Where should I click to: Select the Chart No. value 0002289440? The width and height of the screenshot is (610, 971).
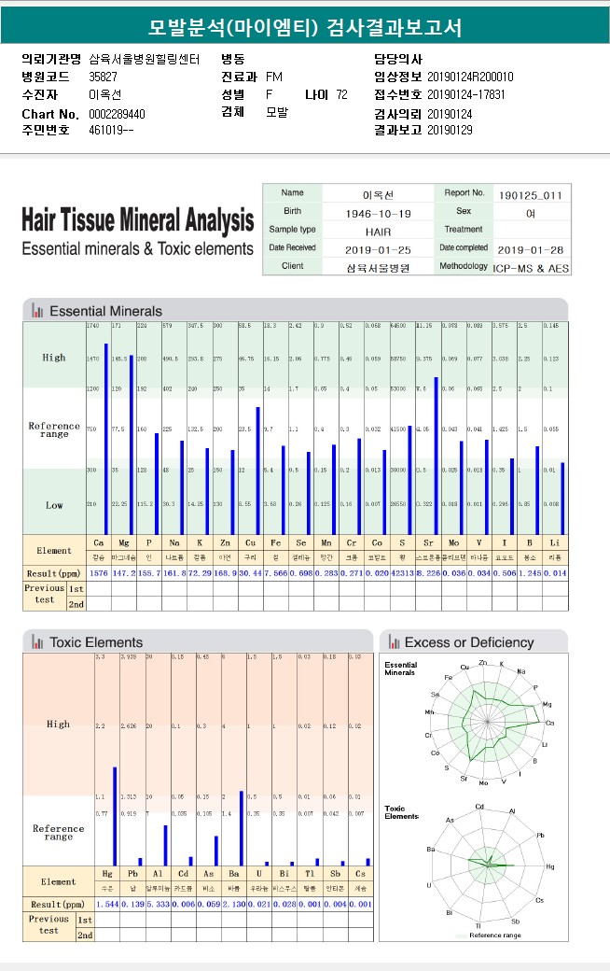pos(117,114)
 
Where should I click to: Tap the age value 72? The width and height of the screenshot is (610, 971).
pos(341,94)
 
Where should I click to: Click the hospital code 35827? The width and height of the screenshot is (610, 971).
pos(103,77)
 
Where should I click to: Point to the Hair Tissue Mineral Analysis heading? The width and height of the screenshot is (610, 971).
pos(137,220)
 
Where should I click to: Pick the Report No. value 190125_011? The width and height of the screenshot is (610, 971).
pos(530,195)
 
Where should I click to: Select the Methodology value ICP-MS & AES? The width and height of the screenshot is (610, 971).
pos(530,267)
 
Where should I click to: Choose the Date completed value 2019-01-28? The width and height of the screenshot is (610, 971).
pos(530,249)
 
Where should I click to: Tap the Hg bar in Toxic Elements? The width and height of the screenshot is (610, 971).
pos(115,816)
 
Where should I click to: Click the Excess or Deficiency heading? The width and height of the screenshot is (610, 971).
pos(468,642)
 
